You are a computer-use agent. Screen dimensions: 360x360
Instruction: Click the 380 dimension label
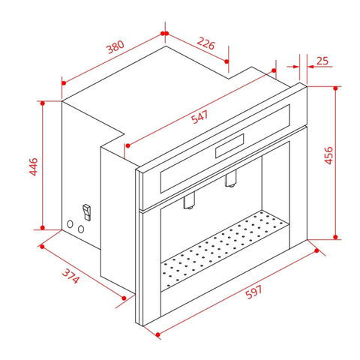click(115, 46)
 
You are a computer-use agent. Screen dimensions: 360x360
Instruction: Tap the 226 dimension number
click(206, 43)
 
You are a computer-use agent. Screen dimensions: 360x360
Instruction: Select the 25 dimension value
click(322, 61)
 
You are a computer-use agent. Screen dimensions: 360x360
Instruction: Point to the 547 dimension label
click(199, 117)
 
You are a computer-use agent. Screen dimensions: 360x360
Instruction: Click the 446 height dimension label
click(34, 166)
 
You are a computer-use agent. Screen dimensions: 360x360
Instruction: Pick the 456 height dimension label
click(328, 155)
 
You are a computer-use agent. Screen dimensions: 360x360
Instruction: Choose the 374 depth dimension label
click(70, 276)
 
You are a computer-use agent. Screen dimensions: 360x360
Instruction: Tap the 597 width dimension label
click(253, 292)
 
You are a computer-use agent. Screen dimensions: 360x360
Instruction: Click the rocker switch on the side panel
click(86, 212)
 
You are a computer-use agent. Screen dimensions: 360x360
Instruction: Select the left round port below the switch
click(70, 224)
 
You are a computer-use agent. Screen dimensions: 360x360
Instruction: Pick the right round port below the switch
click(81, 229)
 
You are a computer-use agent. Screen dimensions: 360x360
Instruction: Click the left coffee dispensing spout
click(189, 200)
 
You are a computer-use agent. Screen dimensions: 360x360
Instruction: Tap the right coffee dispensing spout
click(230, 178)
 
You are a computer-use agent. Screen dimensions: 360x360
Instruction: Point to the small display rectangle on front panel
click(229, 145)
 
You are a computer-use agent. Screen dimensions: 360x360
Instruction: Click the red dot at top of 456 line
click(335, 88)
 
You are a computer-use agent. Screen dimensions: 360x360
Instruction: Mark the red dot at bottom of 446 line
click(43, 227)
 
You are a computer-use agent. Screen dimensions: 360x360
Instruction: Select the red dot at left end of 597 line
click(157, 334)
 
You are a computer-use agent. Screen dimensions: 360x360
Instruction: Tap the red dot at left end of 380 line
click(64, 83)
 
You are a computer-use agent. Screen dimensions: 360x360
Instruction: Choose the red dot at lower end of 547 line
click(128, 145)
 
